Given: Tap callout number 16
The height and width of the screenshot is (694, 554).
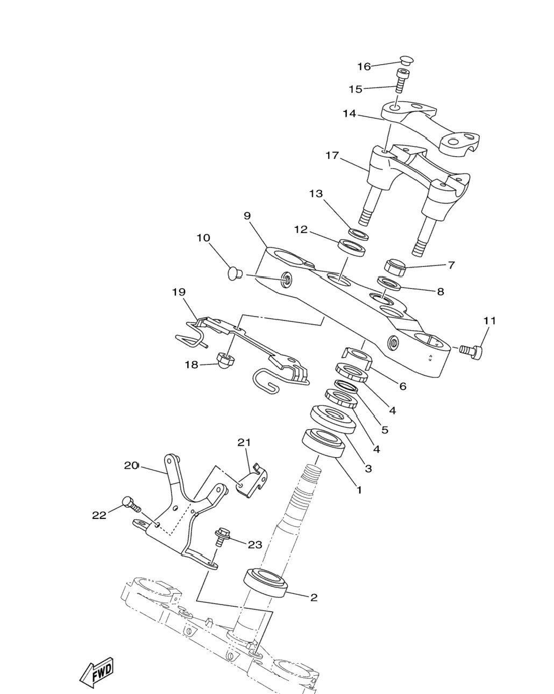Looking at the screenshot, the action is point(364,66).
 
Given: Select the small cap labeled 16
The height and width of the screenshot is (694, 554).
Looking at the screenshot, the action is point(407,60).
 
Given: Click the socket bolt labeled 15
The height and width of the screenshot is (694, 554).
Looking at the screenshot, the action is point(401,81).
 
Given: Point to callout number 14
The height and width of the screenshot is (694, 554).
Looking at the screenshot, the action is point(350,114).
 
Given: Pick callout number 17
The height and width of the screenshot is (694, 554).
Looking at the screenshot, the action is point(332,156).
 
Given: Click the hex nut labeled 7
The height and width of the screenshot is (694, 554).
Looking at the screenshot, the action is point(395,267).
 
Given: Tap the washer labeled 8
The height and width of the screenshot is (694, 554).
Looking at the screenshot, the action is point(389,283).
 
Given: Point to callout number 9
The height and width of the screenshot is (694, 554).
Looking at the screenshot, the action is point(247,216).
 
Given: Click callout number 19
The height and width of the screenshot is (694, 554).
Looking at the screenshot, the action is point(179,292).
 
